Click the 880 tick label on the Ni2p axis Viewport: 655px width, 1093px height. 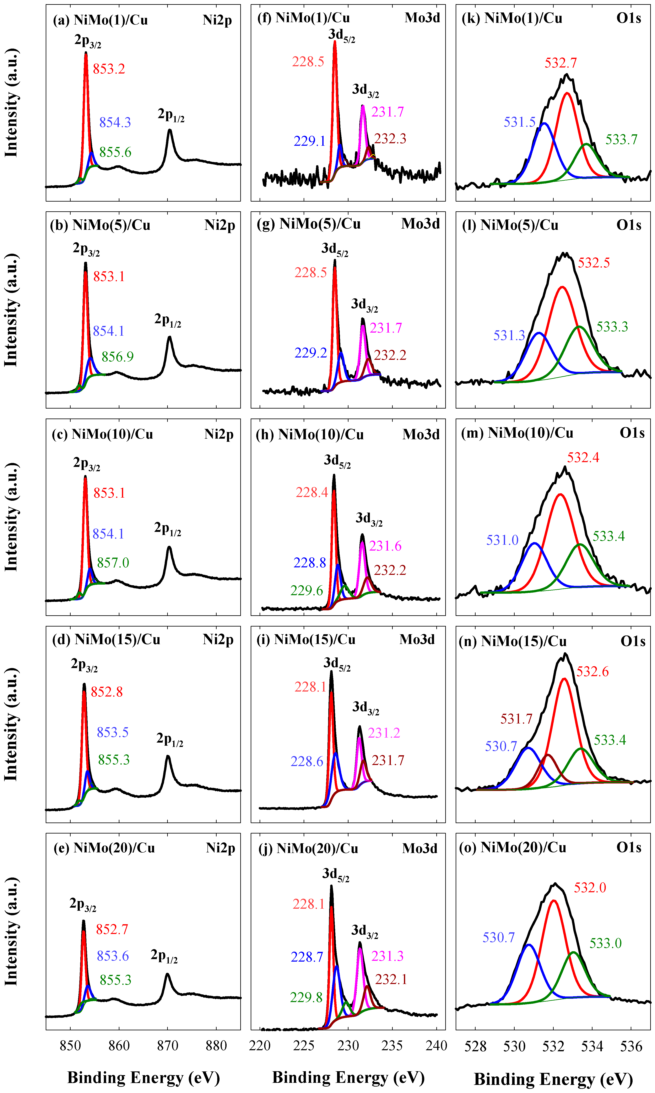tap(216, 1045)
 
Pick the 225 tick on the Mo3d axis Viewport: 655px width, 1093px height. tap(304, 1045)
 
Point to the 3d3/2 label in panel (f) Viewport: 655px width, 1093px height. tap(366, 91)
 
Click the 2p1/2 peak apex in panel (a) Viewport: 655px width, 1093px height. tap(169, 130)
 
